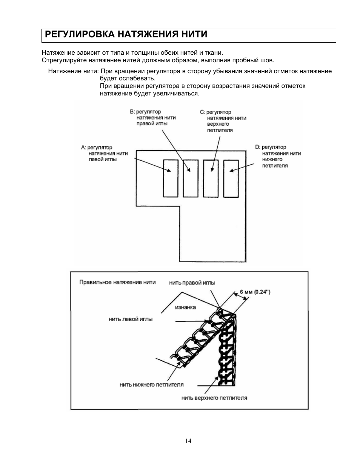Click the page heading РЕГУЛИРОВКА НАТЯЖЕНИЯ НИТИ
(x=126, y=35)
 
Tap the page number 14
(x=188, y=441)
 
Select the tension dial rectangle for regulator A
(x=171, y=178)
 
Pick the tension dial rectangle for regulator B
(x=191, y=178)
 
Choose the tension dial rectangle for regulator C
(x=211, y=178)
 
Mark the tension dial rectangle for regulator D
(x=231, y=178)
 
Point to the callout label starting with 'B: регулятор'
(x=152, y=117)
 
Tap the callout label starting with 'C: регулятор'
(x=223, y=121)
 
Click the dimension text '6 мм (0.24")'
(x=255, y=292)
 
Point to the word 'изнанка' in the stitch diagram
(x=185, y=307)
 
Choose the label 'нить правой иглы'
(x=192, y=283)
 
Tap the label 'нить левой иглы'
(x=131, y=319)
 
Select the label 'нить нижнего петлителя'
(x=152, y=384)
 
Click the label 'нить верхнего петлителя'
(x=214, y=398)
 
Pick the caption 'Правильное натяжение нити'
(x=117, y=282)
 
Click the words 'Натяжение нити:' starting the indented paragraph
(x=74, y=71)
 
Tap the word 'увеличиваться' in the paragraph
(x=179, y=93)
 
